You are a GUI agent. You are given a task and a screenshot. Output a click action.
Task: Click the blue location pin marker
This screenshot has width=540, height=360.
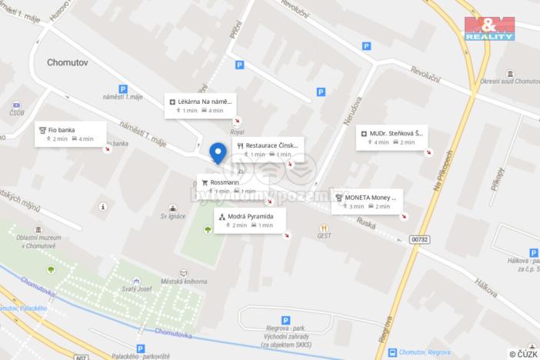(218, 153)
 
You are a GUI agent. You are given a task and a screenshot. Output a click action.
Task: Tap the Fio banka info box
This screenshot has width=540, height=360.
(71, 134)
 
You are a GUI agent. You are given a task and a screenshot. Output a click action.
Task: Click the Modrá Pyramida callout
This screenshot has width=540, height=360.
(251, 221)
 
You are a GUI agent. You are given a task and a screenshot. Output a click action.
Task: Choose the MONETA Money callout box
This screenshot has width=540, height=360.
(366, 202)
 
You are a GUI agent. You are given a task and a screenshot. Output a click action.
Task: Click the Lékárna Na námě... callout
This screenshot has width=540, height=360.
(200, 105)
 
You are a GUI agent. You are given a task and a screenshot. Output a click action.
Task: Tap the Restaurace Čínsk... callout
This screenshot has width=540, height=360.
(268, 148)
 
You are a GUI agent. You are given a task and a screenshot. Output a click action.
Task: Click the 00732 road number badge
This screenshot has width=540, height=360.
(420, 239)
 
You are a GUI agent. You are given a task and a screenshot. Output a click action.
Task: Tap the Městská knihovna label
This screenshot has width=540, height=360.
(185, 282)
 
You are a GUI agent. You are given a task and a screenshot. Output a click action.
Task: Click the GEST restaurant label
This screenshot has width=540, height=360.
(325, 237)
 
